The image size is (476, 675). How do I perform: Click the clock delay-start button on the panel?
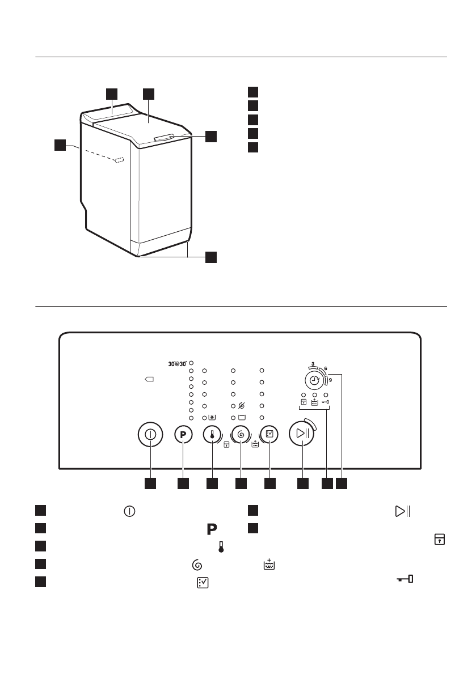coord(314,380)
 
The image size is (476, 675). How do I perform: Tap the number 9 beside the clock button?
coord(330,381)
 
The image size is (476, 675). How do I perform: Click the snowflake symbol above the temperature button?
coord(212,418)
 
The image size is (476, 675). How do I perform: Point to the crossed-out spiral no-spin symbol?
coord(242,406)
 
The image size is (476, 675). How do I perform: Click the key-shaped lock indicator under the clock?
coord(326,402)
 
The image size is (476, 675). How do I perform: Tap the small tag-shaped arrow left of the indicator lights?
coord(149,379)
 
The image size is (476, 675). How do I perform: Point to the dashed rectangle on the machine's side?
coord(119,161)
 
